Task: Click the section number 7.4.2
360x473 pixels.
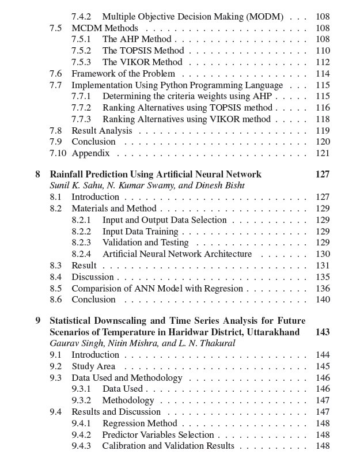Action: [81, 17]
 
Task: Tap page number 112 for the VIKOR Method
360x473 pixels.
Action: [323, 62]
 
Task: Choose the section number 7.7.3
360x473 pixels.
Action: [81, 119]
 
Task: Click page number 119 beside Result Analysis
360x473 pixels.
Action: [323, 131]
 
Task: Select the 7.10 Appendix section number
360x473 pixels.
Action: [58, 153]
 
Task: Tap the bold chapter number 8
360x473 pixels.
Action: [38, 174]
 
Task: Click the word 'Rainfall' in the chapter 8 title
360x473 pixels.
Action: [67, 174]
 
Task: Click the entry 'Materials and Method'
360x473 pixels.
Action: [113, 209]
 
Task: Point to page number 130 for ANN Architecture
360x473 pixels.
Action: [323, 254]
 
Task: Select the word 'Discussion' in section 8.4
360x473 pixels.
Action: [93, 277]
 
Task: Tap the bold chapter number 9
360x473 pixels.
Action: [38, 320]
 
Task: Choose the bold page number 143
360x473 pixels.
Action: [323, 332]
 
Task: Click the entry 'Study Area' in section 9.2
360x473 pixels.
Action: [93, 366]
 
